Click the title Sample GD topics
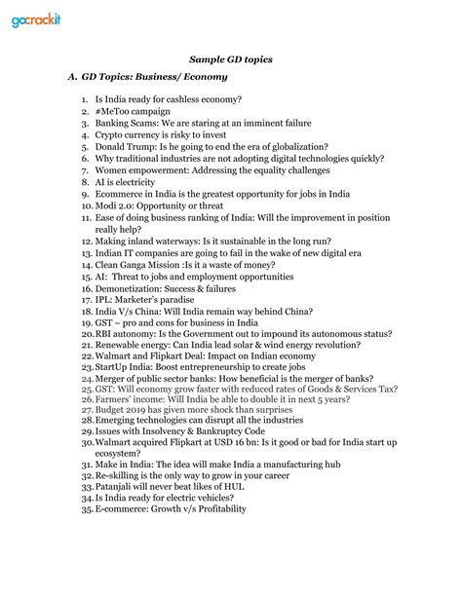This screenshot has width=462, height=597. tap(231, 60)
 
